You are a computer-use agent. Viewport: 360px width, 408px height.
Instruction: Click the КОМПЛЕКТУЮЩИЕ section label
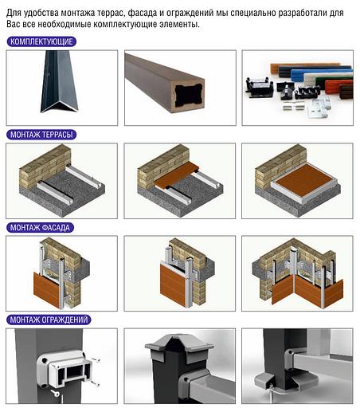(41, 41)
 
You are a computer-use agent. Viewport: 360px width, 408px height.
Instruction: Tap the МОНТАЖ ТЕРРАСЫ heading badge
(41, 135)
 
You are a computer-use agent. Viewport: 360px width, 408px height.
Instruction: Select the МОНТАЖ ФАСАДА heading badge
(40, 227)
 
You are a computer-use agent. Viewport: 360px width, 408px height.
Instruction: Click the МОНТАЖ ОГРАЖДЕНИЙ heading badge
(49, 320)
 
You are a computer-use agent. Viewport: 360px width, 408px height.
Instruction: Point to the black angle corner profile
(59, 82)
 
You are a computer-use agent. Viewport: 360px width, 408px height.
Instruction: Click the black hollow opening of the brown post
(189, 94)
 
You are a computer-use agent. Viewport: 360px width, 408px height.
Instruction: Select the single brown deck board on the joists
(178, 175)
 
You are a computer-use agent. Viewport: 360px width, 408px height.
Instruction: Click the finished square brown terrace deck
(303, 181)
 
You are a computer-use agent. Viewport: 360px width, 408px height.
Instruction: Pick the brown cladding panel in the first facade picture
(47, 288)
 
